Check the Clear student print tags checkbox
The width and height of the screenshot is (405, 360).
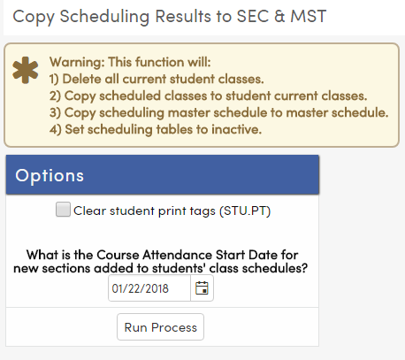(63, 211)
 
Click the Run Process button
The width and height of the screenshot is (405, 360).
(160, 326)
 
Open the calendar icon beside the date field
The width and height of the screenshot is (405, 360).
(202, 288)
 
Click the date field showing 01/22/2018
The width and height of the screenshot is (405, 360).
(149, 288)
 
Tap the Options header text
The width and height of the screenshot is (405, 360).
(50, 175)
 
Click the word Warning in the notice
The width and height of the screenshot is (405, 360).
(77, 64)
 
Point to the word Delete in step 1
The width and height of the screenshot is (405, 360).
(86, 80)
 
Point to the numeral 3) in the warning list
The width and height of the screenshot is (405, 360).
(56, 113)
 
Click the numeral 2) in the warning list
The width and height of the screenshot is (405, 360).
(56, 96)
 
